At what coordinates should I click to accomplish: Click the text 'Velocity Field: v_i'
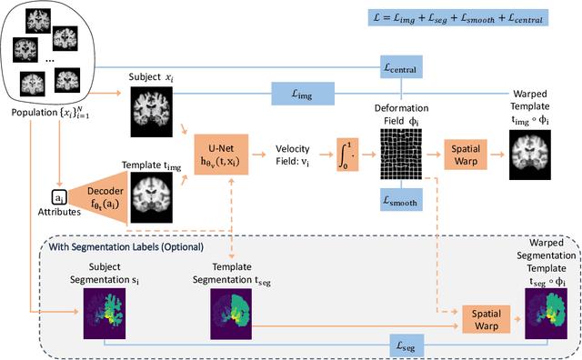coord(295,150)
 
